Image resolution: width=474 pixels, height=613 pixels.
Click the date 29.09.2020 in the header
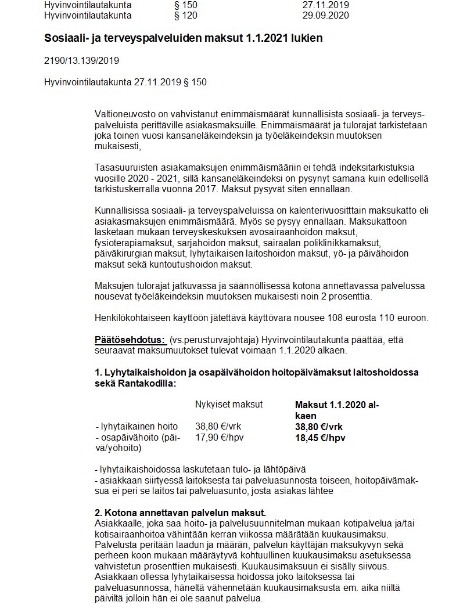[x=325, y=16]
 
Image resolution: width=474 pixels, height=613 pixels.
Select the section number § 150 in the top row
[x=186, y=5]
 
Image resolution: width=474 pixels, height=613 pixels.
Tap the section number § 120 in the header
[x=186, y=16]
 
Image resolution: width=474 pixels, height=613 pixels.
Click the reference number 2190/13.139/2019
[x=82, y=60]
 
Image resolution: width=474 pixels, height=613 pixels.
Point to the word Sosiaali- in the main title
[x=66, y=38]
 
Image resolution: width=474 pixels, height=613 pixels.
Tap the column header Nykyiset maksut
[x=229, y=404]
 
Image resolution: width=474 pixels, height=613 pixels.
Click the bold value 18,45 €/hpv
[x=320, y=438]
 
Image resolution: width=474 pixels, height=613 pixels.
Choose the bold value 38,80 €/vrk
[x=319, y=426]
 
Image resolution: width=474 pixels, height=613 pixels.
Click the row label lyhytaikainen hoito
[x=138, y=426]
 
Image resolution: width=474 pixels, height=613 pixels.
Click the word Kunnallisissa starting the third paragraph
[x=122, y=210]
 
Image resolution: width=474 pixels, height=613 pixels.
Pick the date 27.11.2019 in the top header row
[x=325, y=5]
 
